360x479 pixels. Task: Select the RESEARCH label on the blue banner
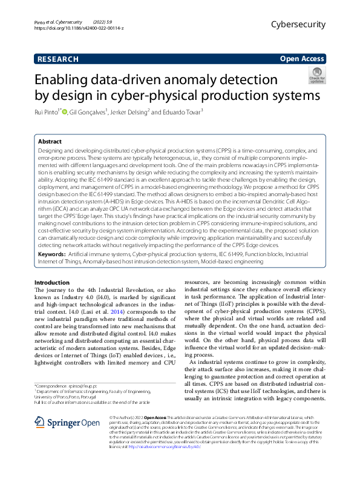coord(57,59)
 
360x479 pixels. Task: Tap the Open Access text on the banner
coord(302,59)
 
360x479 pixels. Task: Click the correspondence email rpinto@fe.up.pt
coord(79,385)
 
